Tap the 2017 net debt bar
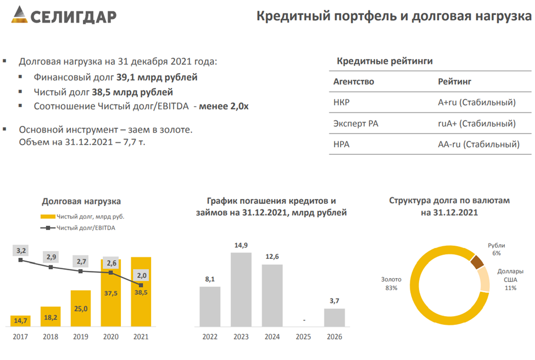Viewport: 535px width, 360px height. coord(21,321)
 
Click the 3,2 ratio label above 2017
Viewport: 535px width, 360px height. coord(21,251)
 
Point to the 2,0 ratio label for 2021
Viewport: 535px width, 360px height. coord(141,275)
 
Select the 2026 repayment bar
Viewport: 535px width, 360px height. coord(334,318)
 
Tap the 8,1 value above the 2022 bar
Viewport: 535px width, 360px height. coord(209,279)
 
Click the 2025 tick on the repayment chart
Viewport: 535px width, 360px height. coord(303,336)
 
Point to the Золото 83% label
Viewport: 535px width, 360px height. coord(391,283)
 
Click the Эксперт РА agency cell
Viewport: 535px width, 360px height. coord(355,124)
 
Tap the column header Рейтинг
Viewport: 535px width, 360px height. coord(455,81)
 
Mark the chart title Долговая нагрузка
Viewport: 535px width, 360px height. coord(81,201)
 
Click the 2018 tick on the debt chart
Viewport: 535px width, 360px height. coord(51,336)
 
